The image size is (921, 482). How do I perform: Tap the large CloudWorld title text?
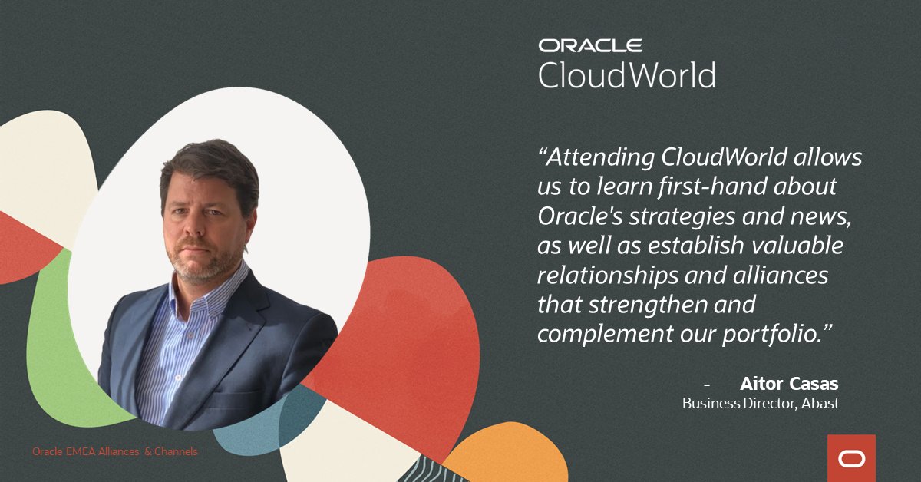(x=626, y=76)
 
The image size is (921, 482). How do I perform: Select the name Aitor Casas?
(x=789, y=383)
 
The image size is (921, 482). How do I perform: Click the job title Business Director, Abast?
(x=761, y=402)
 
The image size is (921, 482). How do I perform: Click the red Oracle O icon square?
(x=851, y=458)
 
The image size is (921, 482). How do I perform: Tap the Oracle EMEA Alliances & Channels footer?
(x=114, y=451)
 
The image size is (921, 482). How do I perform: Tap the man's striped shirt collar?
(x=230, y=288)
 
